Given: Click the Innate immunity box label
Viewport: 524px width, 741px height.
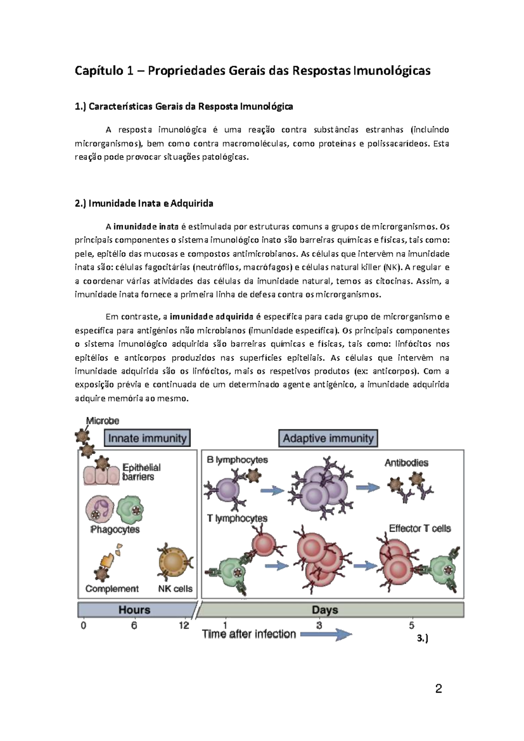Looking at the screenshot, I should tap(147, 438).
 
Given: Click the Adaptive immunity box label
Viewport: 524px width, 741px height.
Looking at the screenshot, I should tap(328, 438).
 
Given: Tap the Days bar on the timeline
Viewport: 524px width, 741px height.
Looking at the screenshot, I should tap(325, 610).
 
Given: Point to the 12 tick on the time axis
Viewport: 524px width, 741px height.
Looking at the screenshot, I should tap(184, 626).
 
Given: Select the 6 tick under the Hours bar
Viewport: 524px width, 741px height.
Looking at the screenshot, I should tap(134, 626).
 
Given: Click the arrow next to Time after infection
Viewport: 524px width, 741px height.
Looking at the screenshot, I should tap(326, 634).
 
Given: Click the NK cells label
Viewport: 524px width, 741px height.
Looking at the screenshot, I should tap(175, 589).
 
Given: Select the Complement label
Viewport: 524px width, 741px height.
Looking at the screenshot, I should tap(112, 589).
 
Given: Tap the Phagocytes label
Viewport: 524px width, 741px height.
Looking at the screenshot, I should tap(115, 530).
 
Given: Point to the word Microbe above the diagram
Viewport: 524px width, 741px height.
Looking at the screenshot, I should tap(103, 421).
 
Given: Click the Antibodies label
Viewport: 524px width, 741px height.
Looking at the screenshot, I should tap(406, 463).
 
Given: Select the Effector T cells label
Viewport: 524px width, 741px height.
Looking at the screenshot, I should tap(420, 528).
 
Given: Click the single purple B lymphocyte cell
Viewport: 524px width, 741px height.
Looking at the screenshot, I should tap(226, 491).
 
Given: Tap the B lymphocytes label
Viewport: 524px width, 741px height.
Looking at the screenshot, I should tap(237, 460).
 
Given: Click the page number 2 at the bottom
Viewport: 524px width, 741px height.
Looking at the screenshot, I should tap(439, 689).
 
